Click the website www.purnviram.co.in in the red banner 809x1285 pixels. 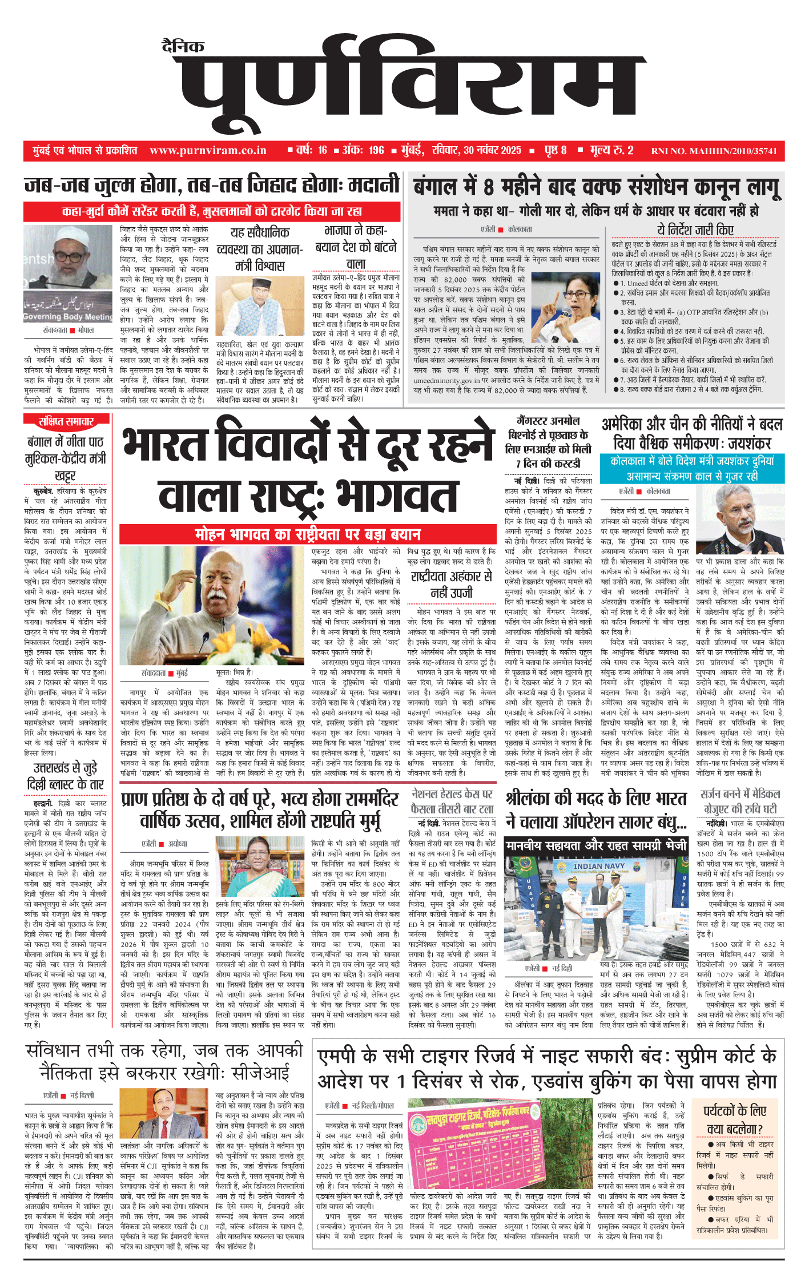tap(208, 151)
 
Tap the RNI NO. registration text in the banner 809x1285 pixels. tap(714, 151)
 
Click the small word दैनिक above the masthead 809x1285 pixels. tap(183, 47)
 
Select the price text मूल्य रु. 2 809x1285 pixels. tap(611, 151)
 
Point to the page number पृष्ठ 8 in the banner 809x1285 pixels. tap(555, 151)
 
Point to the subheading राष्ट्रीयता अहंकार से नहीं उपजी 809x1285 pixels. tap(451, 584)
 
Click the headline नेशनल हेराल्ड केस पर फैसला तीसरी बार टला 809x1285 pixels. tap(452, 801)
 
